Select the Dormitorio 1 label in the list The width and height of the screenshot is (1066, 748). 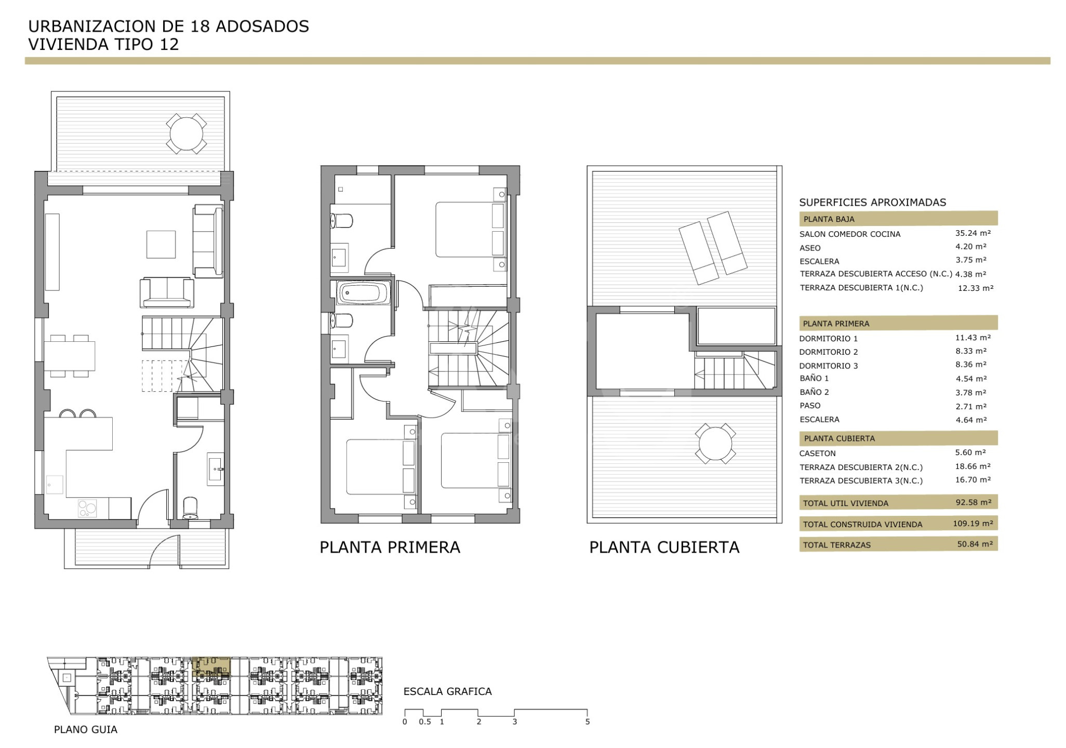click(829, 339)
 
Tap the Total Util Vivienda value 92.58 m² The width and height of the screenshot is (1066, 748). click(973, 502)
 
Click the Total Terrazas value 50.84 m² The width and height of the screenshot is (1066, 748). click(975, 544)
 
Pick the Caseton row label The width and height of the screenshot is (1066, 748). click(817, 453)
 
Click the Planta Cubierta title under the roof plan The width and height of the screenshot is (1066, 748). click(664, 547)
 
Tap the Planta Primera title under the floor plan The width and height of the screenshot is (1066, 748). click(390, 547)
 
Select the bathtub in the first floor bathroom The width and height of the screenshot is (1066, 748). click(363, 293)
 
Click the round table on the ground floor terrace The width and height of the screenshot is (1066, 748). click(186, 133)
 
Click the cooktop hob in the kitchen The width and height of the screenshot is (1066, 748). click(87, 508)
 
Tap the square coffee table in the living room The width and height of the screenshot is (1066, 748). click(161, 244)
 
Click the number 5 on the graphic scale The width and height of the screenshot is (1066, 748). click(588, 722)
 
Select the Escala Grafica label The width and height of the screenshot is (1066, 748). click(447, 691)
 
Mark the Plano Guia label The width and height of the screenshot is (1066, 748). click(86, 730)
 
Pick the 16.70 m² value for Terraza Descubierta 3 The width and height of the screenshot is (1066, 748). click(972, 480)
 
